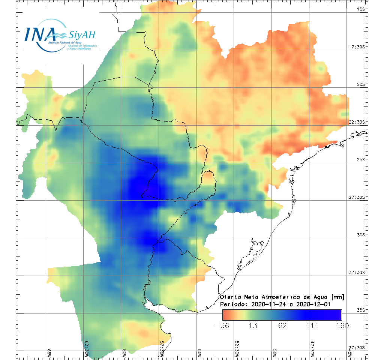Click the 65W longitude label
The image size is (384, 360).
[49, 352]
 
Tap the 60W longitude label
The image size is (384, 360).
[124, 352]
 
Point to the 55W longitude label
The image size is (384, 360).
[199, 352]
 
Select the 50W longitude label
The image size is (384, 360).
[274, 352]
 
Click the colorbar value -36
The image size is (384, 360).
[223, 325]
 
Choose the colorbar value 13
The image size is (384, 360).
[253, 325]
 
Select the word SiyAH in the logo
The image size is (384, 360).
[82, 35]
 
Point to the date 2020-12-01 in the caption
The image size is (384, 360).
[313, 304]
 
